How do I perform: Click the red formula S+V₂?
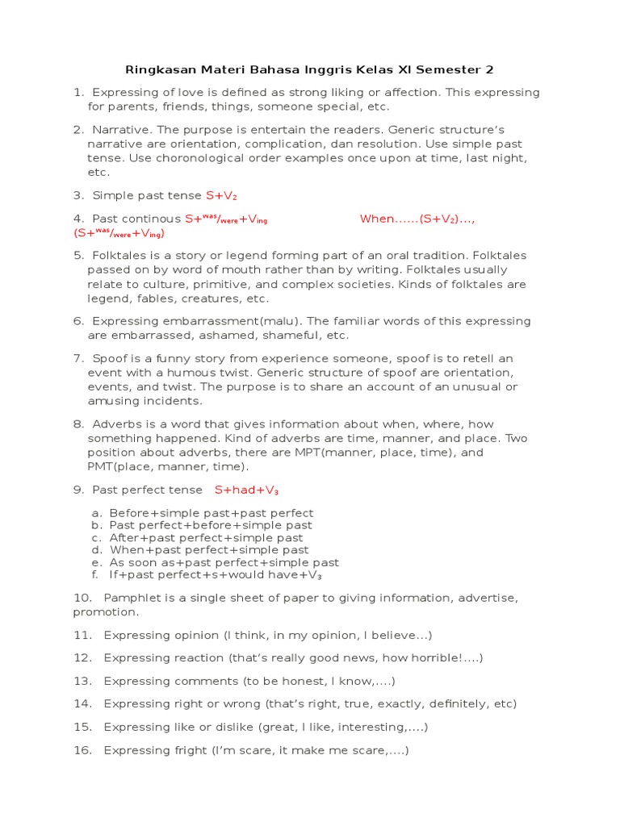pyautogui.click(x=221, y=195)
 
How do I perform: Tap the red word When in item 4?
pyautogui.click(x=376, y=219)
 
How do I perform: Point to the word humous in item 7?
pyautogui.click(x=203, y=373)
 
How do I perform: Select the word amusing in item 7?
pyautogui.click(x=110, y=401)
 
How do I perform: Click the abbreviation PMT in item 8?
pyautogui.click(x=102, y=466)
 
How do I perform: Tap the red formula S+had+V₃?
pyautogui.click(x=246, y=490)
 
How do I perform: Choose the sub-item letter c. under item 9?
pyautogui.click(x=95, y=538)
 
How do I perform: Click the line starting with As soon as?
pyautogui.click(x=224, y=562)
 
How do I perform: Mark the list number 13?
pyautogui.click(x=83, y=681)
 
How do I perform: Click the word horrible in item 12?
pyautogui.click(x=434, y=658)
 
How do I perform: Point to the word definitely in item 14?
pyautogui.click(x=445, y=703)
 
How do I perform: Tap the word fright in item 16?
pyautogui.click(x=191, y=750)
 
